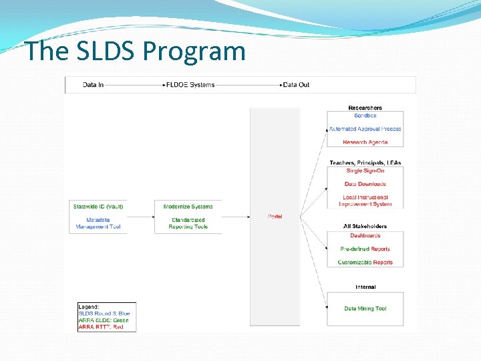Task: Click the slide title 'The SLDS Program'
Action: pyautogui.click(x=136, y=51)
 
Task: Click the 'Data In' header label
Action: pyautogui.click(x=93, y=85)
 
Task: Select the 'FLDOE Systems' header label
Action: pyautogui.click(x=190, y=85)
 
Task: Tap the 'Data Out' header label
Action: pyautogui.click(x=296, y=85)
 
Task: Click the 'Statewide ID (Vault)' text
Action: pyautogui.click(x=98, y=207)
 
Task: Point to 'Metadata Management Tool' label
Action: pyautogui.click(x=98, y=223)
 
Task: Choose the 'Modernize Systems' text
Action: pyautogui.click(x=188, y=207)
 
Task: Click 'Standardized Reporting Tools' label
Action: pyautogui.click(x=188, y=223)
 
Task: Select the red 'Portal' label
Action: pyautogui.click(x=275, y=217)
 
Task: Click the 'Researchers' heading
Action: pyautogui.click(x=365, y=108)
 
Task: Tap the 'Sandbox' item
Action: pyautogui.click(x=365, y=116)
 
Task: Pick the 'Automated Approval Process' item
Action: pyautogui.click(x=365, y=129)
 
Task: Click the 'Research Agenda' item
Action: pyautogui.click(x=365, y=142)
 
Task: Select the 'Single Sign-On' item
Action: pyautogui.click(x=365, y=170)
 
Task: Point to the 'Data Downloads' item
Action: pyautogui.click(x=365, y=184)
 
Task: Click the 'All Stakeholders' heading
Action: pyautogui.click(x=365, y=227)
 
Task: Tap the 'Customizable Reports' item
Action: pyautogui.click(x=365, y=263)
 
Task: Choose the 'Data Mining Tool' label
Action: pyautogui.click(x=365, y=309)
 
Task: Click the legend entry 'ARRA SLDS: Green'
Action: pyautogui.click(x=103, y=320)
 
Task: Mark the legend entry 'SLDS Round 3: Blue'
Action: pyautogui.click(x=104, y=314)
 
